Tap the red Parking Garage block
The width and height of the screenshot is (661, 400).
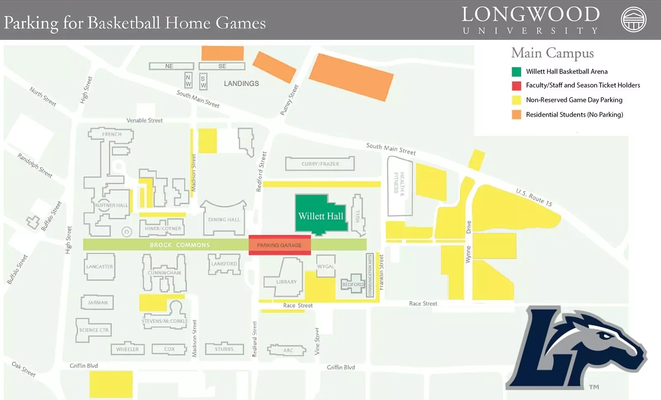point(279,245)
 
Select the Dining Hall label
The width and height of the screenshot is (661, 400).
point(224,219)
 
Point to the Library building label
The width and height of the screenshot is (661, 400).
point(286,282)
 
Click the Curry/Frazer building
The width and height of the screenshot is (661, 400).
point(320,164)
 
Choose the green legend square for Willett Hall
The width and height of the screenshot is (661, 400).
point(516,71)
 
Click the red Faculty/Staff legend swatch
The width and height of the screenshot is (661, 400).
point(516,86)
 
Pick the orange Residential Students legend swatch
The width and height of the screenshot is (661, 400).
point(516,114)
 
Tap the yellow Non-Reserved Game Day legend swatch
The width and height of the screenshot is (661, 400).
point(516,100)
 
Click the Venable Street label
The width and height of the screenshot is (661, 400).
point(145,120)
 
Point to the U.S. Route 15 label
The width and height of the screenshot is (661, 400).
point(534,197)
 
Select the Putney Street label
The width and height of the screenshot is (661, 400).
point(289,100)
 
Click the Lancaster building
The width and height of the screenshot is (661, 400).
point(99,267)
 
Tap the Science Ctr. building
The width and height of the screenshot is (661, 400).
point(94,330)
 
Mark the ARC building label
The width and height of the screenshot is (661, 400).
point(288,350)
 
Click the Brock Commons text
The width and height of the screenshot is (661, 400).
point(180,245)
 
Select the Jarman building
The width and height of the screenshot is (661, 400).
point(97,302)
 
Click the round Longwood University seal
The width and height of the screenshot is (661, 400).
point(634,19)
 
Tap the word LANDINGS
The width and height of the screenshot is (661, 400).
point(241,83)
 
